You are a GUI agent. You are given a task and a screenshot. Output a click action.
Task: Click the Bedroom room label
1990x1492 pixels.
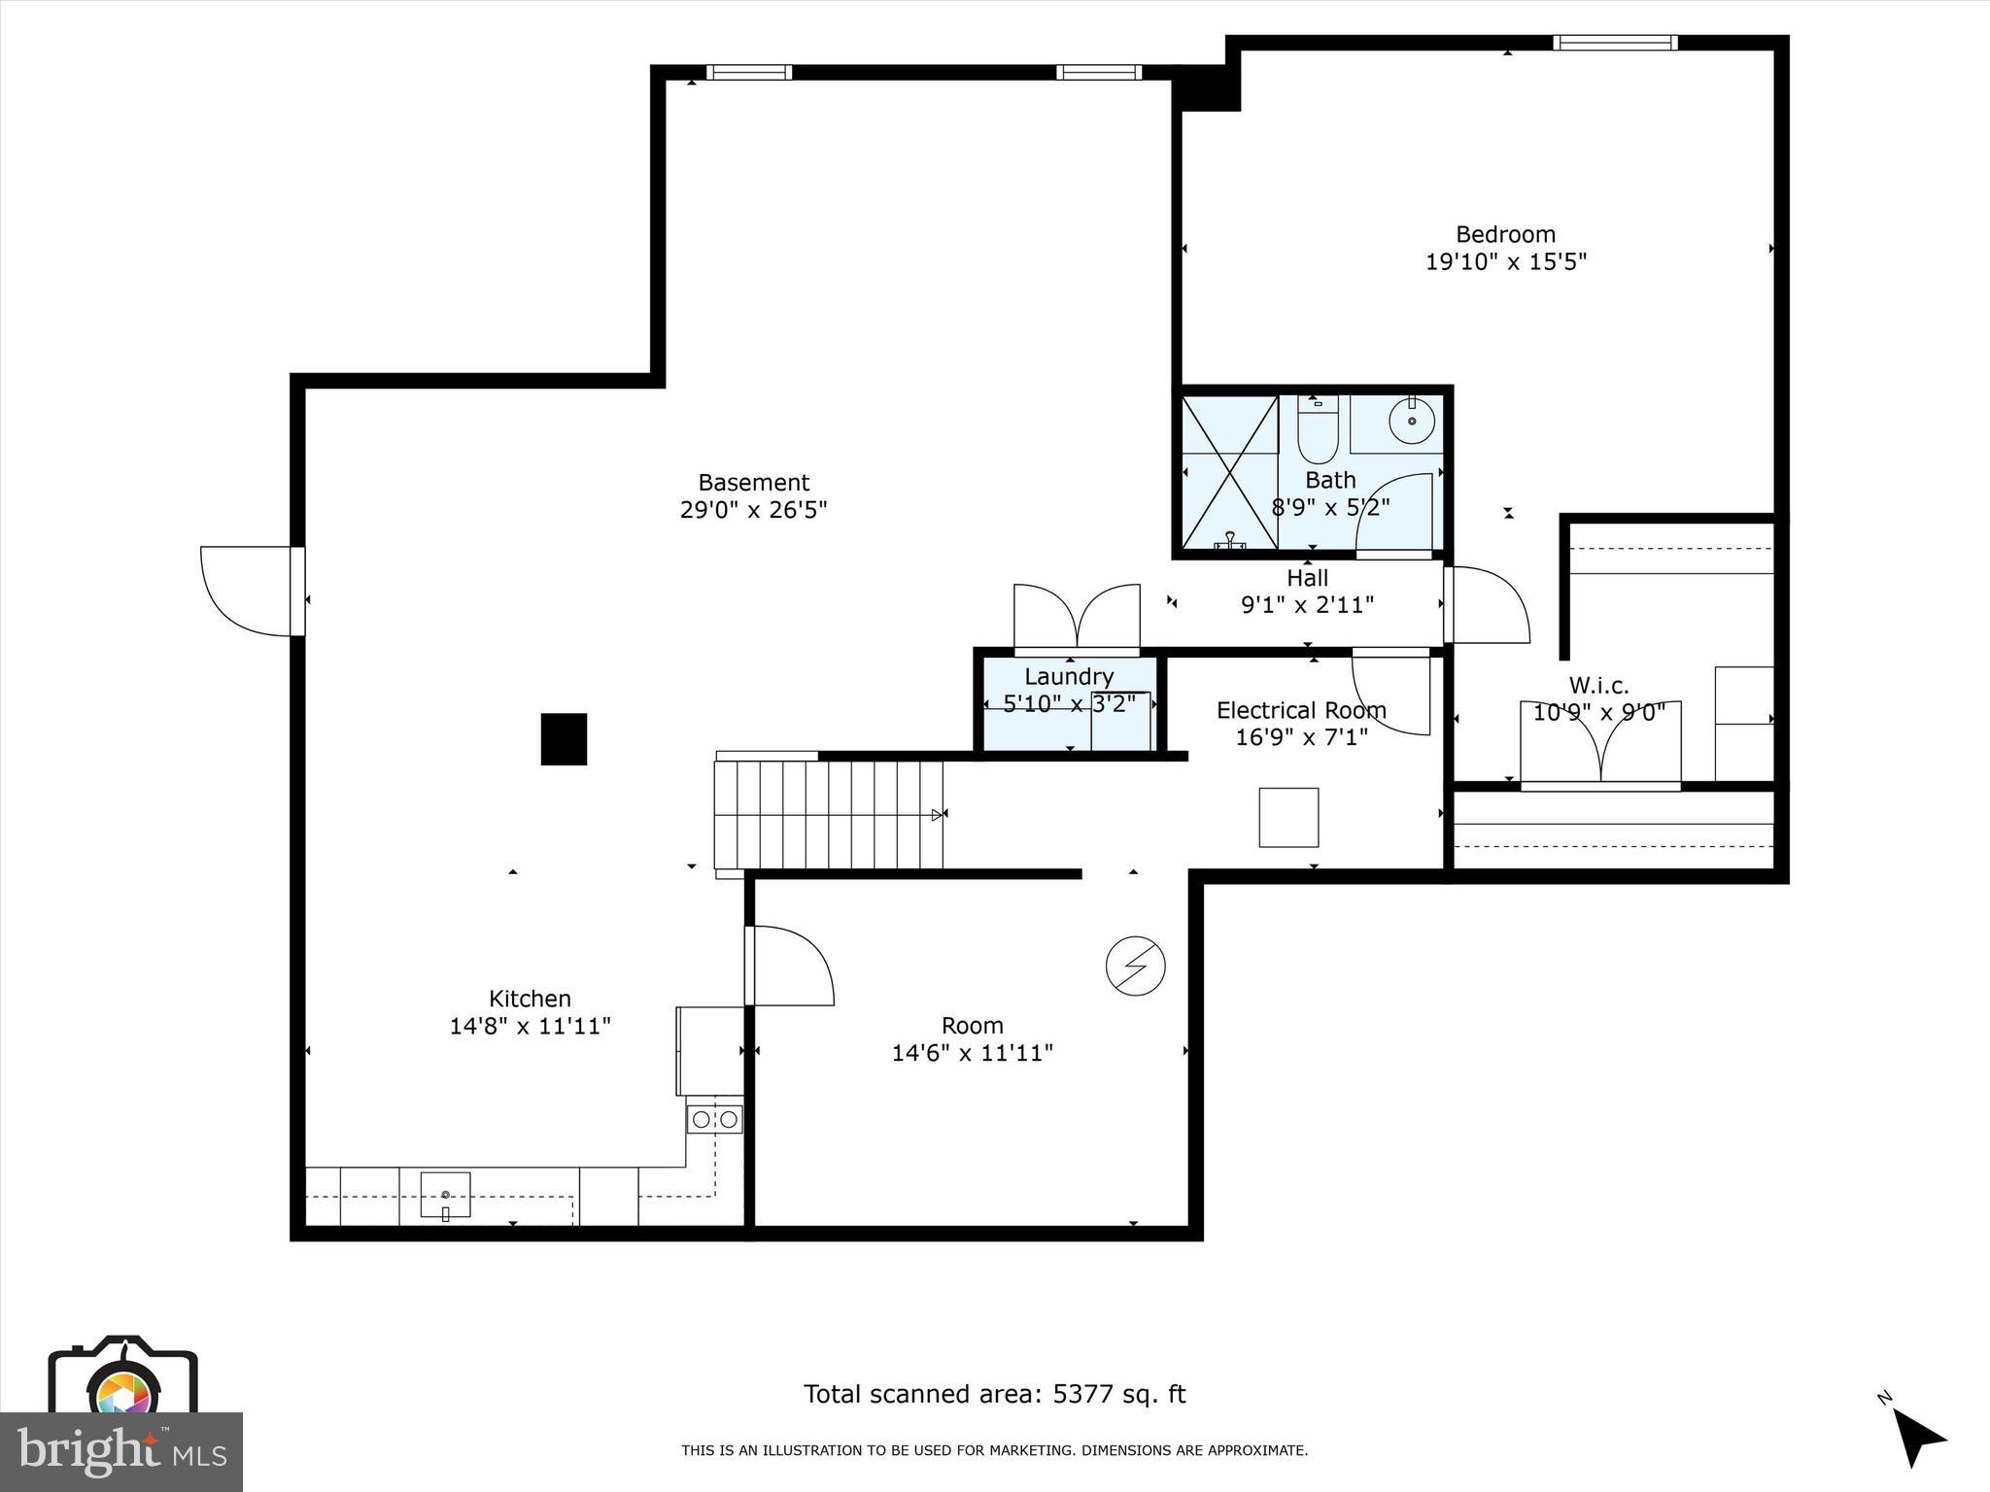pos(1505,234)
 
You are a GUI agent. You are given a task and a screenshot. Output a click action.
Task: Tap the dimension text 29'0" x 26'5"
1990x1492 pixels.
pos(753,510)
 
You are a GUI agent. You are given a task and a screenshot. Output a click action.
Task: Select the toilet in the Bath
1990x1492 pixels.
pos(1318,434)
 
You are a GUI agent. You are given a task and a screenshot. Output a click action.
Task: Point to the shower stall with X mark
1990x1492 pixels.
pos(1230,473)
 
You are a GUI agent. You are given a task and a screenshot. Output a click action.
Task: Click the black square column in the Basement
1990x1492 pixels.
pos(564,739)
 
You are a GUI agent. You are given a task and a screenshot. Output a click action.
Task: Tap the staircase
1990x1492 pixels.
pos(829,814)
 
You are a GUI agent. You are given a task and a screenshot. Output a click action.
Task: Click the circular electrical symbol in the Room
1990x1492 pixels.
pos(1135,966)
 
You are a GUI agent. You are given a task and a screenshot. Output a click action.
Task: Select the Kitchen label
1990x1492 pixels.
pos(530,999)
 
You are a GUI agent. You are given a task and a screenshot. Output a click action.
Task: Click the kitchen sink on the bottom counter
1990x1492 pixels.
pos(445,1194)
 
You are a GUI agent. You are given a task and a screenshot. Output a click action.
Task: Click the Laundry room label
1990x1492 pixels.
pos(1069,676)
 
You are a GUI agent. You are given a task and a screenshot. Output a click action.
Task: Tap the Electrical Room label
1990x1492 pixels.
pos(1301,710)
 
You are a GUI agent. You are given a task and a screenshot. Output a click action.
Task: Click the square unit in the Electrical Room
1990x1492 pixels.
pos(1288,817)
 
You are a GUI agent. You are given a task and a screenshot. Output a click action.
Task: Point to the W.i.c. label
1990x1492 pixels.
pos(1598,686)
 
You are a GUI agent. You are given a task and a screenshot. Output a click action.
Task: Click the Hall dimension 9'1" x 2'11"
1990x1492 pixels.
pos(1307,605)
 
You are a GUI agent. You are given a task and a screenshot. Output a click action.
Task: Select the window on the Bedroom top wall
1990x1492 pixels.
pos(1615,43)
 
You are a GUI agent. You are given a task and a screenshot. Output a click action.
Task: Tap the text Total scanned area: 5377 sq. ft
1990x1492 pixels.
pos(994,1394)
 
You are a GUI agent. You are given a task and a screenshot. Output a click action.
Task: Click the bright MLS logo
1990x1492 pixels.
pos(121,1451)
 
